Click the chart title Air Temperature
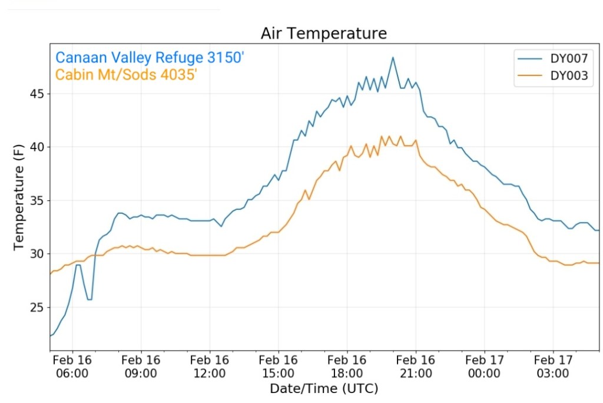click(323, 34)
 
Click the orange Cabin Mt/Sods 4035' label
click(125, 75)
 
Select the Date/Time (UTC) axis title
click(323, 389)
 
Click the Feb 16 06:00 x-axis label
click(72, 366)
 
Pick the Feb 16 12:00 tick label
click(210, 366)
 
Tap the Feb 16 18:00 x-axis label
click(347, 366)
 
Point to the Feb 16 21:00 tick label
click(415, 366)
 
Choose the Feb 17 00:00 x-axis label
click(484, 366)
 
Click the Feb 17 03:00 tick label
click(552, 366)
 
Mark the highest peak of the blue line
click(393, 57)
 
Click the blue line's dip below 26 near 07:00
click(90, 299)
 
